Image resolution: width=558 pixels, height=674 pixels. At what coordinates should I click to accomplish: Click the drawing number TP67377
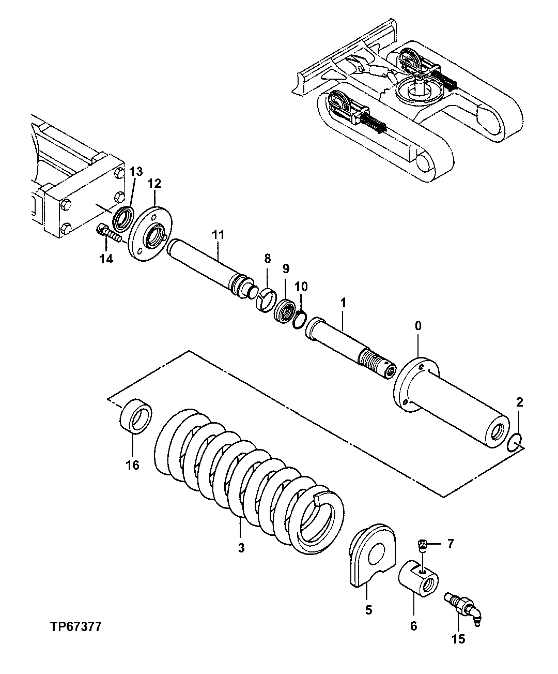pyautogui.click(x=75, y=627)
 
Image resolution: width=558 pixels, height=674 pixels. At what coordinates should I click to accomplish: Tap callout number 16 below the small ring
pyautogui.click(x=132, y=465)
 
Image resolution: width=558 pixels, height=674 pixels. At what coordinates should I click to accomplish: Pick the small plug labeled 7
pyautogui.click(x=422, y=544)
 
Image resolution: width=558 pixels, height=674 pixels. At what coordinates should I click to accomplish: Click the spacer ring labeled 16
pyautogui.click(x=136, y=416)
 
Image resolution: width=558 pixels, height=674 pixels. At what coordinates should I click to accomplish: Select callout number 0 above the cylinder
pyautogui.click(x=418, y=326)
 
